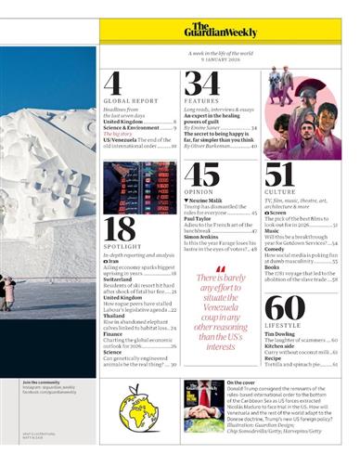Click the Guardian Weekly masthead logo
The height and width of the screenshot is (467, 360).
point(213,31)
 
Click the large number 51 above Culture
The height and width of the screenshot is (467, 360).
point(279,174)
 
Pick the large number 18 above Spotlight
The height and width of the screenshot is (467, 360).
point(119,227)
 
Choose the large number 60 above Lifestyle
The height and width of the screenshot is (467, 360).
point(282,308)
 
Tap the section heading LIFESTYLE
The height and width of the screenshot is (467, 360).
point(282,328)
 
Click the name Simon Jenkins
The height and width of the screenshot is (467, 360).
point(204,237)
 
